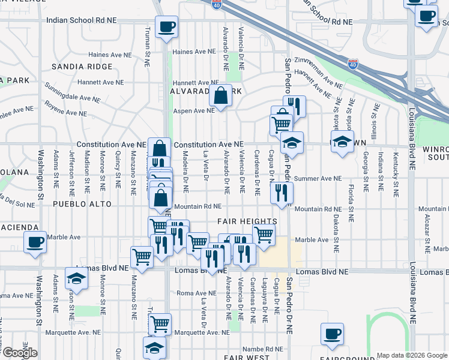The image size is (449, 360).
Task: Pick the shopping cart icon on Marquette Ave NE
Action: [160, 325]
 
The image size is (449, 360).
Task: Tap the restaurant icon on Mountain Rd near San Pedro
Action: [281, 193]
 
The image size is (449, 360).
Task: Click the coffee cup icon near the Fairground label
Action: [332, 334]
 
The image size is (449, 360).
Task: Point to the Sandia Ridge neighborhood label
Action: [82, 67]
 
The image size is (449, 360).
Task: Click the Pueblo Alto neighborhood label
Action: [82, 204]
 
